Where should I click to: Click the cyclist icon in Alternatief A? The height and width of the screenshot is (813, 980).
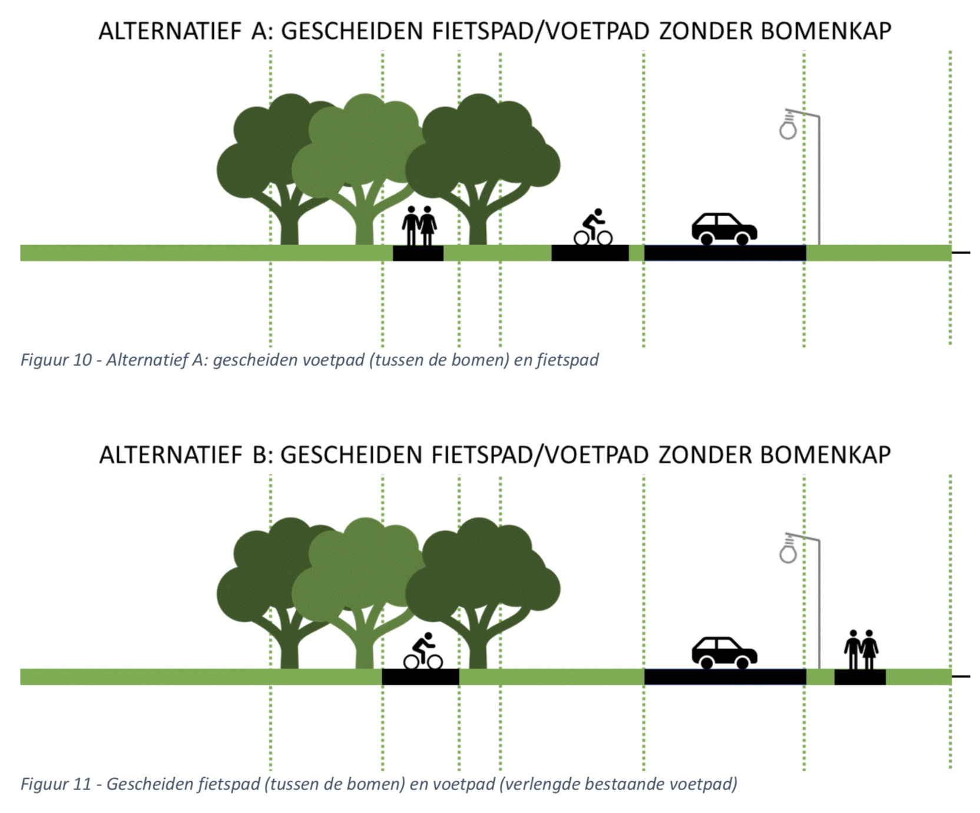click(593, 227)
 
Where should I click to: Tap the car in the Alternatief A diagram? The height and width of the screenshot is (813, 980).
click(724, 229)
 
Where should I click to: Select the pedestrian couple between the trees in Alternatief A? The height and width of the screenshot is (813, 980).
click(419, 226)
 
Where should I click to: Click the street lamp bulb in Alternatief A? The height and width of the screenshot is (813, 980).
click(788, 129)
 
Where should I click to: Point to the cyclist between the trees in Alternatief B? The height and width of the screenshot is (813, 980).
click(423, 651)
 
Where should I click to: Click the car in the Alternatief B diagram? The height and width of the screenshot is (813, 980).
click(724, 653)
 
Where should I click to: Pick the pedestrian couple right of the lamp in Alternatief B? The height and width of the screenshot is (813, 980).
click(861, 649)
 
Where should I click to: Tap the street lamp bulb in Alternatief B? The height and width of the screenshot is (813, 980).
click(788, 553)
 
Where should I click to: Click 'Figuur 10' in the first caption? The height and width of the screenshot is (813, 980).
click(56, 360)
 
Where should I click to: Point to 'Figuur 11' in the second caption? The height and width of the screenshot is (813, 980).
click(56, 784)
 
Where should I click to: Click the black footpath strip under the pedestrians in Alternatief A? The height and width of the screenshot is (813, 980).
click(418, 253)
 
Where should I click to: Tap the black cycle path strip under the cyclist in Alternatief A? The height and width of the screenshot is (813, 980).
click(590, 253)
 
